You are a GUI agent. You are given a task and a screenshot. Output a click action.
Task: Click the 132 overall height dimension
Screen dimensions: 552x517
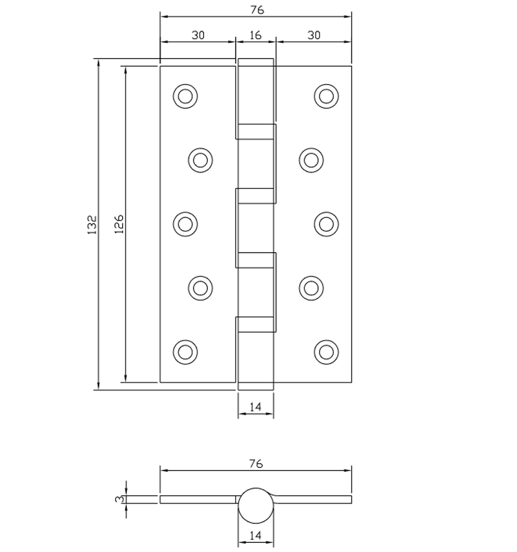(93, 225)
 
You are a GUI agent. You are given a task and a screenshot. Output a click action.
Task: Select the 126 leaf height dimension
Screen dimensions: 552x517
(119, 225)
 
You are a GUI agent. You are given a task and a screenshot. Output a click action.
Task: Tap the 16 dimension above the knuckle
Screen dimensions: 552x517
(255, 35)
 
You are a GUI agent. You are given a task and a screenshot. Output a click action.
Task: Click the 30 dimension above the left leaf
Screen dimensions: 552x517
(198, 35)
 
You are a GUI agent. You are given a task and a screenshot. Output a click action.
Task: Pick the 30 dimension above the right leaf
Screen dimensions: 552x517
(313, 35)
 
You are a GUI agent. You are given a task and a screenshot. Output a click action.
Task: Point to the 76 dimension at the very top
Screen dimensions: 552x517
(256, 10)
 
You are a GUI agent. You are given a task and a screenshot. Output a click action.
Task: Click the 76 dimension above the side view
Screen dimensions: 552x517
(256, 464)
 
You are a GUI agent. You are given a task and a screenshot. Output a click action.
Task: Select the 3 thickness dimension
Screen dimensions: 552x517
(120, 499)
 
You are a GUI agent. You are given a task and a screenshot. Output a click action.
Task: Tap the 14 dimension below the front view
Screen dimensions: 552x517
(255, 407)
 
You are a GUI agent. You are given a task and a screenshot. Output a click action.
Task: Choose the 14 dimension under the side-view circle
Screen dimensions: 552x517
(255, 535)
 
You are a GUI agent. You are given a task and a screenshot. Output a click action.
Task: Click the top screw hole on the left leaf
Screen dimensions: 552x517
(186, 96)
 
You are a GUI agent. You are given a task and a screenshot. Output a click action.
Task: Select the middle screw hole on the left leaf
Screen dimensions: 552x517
(186, 224)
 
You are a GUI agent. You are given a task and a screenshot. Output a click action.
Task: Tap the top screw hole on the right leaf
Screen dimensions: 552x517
(327, 96)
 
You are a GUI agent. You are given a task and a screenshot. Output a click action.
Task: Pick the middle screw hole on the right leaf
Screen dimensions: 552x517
(327, 224)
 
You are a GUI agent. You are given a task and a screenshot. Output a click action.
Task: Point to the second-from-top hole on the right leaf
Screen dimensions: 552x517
(311, 160)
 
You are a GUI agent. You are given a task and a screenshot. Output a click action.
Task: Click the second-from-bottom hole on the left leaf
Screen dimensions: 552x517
(201, 287)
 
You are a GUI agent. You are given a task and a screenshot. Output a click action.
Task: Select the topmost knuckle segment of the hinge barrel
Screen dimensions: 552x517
(256, 91)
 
